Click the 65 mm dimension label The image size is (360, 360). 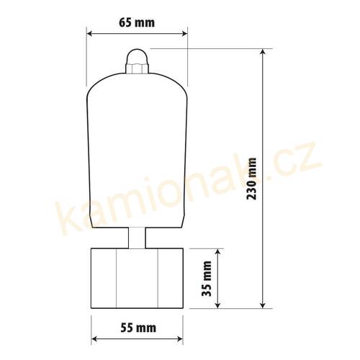pyautogui.click(x=137, y=22)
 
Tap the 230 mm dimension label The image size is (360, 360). pyautogui.click(x=252, y=179)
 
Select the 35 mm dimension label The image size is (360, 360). pyautogui.click(x=207, y=279)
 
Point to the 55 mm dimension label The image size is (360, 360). pyautogui.click(x=138, y=328)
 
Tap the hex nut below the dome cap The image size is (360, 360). pyautogui.click(x=138, y=68)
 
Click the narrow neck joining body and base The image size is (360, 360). pyautogui.click(x=137, y=238)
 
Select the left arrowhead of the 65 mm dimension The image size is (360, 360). pyautogui.click(x=90, y=33)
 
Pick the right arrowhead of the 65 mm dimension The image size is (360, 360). pyautogui.click(x=184, y=33)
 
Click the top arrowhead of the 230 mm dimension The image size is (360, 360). pyautogui.click(x=264, y=53)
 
